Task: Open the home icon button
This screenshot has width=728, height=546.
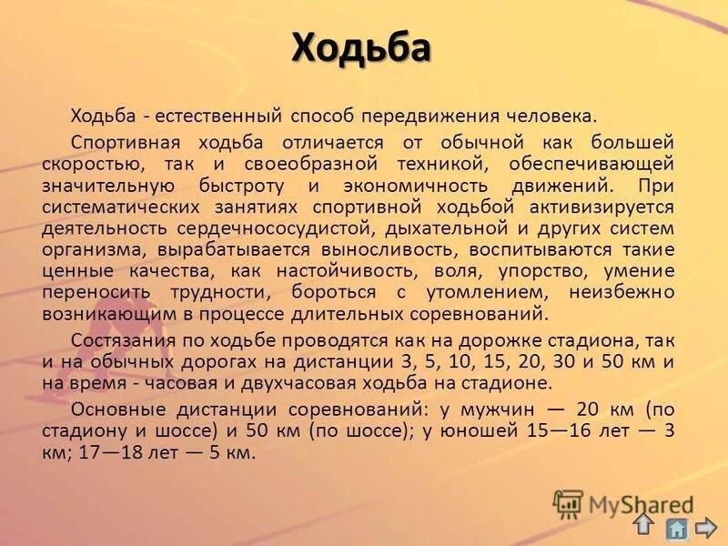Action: click(675, 528)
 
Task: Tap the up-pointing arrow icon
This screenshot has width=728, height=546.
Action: click(643, 524)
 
